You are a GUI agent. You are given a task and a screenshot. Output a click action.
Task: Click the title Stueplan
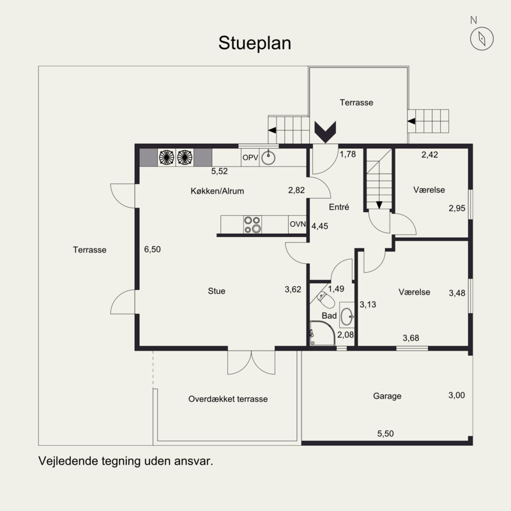[255, 43]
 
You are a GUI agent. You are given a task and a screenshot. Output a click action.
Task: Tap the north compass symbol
[479, 39]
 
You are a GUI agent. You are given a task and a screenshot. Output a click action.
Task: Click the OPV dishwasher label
[250, 156]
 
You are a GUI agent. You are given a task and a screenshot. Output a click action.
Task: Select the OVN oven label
[297, 224]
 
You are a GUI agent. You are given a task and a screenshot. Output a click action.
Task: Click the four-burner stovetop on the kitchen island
[252, 224]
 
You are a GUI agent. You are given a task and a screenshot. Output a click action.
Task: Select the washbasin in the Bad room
[347, 316]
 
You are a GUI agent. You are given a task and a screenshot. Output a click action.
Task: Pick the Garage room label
[387, 396]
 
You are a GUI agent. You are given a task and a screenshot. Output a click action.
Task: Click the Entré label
[339, 208]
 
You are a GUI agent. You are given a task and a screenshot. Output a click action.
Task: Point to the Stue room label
[217, 291]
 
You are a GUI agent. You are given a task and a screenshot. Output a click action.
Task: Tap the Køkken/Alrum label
[217, 191]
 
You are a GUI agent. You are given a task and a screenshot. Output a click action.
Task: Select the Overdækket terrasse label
[227, 399]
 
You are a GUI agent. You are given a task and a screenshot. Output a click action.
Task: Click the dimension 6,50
[152, 250]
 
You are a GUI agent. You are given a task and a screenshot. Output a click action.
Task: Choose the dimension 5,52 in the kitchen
[220, 171]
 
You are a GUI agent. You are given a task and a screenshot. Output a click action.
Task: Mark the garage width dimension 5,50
[385, 434]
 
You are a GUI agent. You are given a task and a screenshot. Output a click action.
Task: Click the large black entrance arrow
[325, 132]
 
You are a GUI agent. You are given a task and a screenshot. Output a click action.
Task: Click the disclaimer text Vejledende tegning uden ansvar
[125, 460]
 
